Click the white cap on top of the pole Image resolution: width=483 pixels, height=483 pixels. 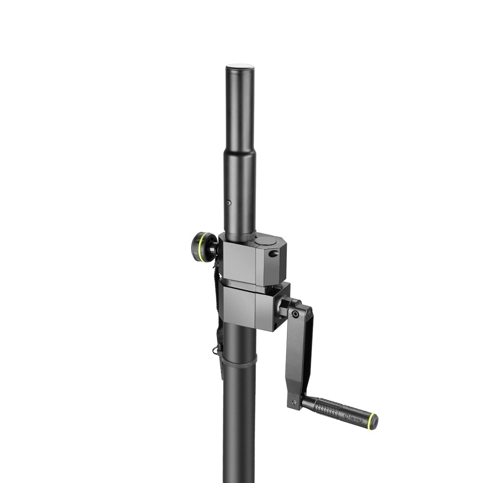pos(240,66)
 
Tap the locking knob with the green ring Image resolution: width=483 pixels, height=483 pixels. pos(204,247)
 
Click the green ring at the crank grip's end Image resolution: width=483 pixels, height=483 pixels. pos(372,422)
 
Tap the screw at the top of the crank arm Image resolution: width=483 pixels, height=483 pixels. pos(295,314)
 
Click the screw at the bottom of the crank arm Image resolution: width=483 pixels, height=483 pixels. pos(294,400)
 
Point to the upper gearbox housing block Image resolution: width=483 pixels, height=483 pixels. pos(251,261)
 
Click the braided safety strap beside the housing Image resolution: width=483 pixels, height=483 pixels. pos(218,309)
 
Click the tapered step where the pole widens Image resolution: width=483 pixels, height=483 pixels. pos(240,151)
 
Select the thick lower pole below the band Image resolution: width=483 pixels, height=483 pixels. pos(239,425)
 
